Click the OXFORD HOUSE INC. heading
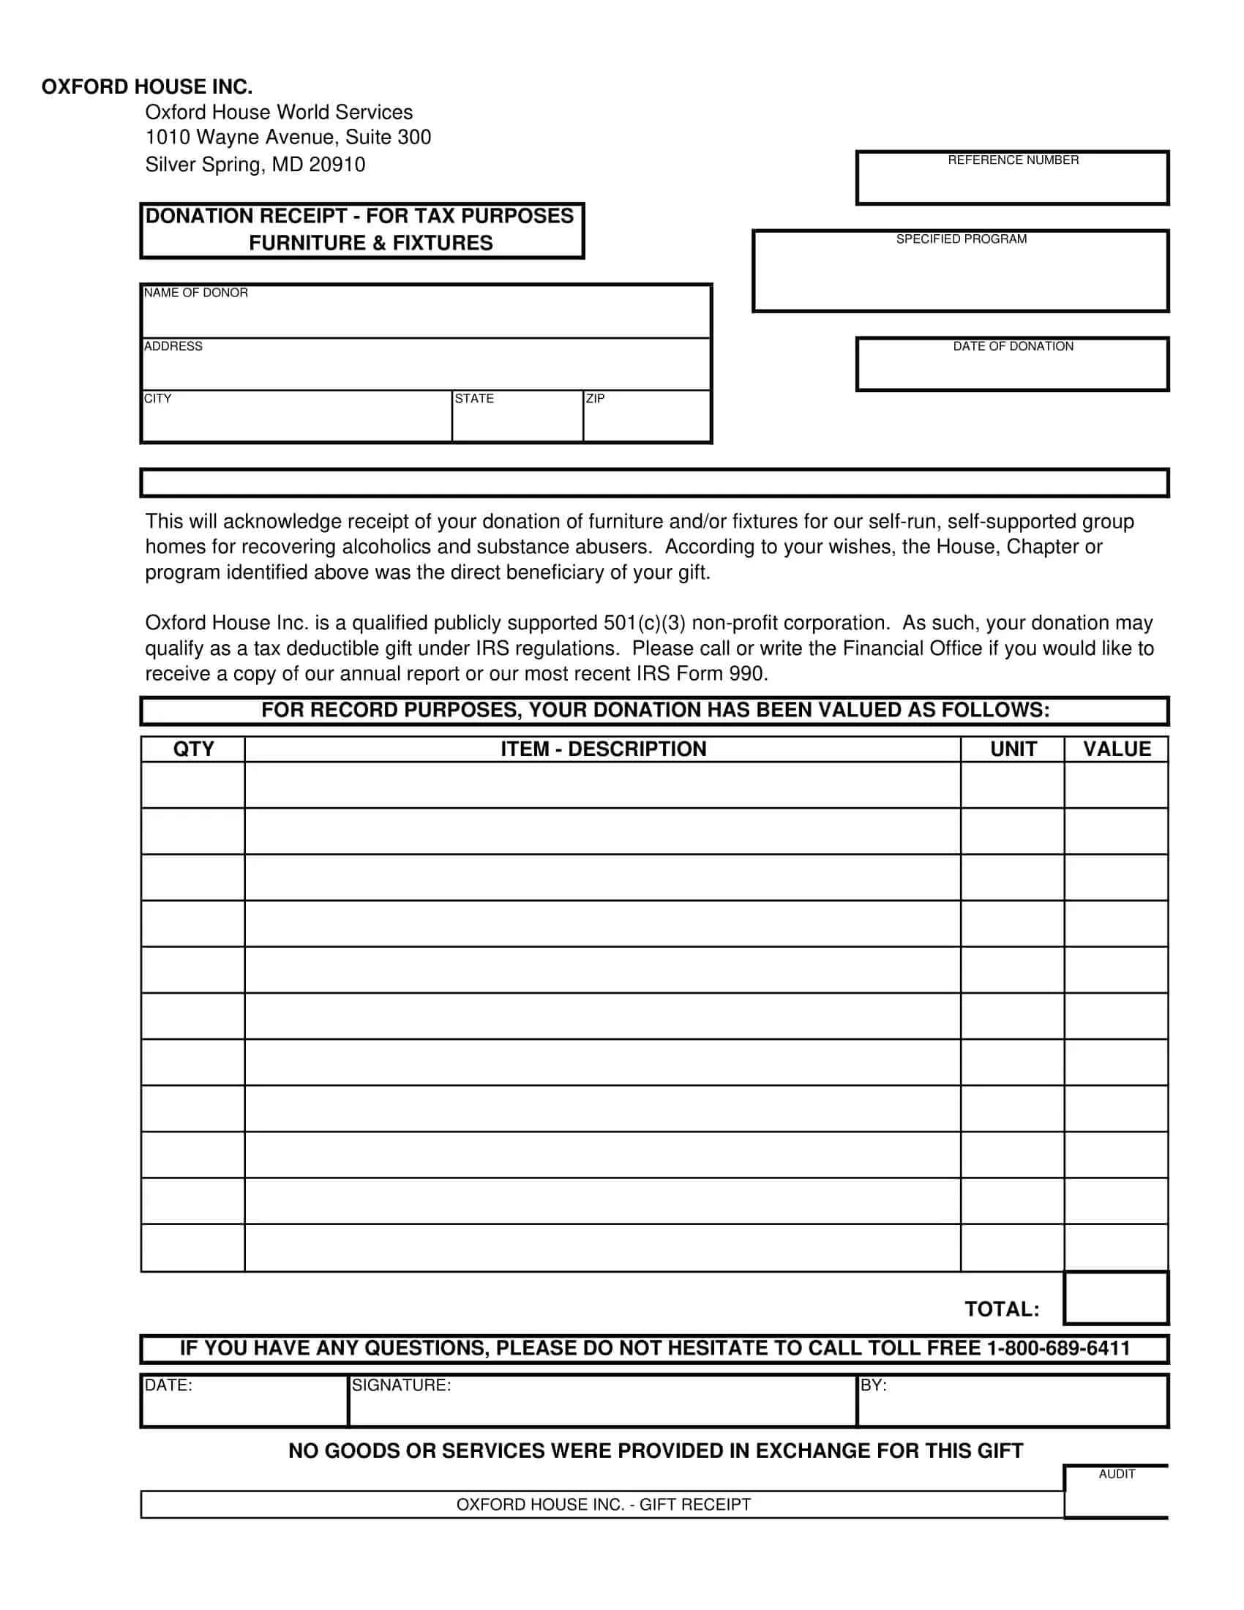tap(146, 87)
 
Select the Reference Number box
tap(1012, 182)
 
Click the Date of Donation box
tap(1012, 369)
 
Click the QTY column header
tap(193, 749)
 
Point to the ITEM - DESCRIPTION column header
tap(603, 749)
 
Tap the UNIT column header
tap(1013, 749)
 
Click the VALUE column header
tap(1117, 749)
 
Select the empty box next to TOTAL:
tap(1116, 1298)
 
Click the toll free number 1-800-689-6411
tap(1058, 1348)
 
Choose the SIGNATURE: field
tap(602, 1405)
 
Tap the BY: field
tap(1013, 1405)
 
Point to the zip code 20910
tap(337, 165)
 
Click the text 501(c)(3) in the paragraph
tap(644, 623)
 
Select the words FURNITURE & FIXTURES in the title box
tap(371, 243)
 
